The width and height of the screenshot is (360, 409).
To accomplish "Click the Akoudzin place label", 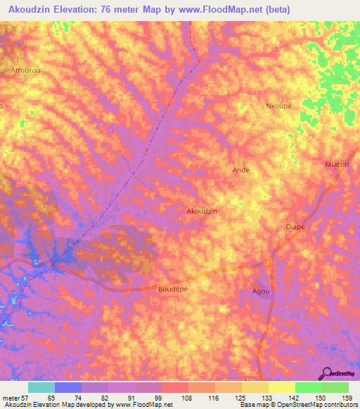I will (201, 211).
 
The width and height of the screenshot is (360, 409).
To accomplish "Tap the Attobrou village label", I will (26, 71).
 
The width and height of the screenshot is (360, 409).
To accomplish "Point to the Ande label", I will (241, 170).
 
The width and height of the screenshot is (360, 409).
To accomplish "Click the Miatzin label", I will (338, 164).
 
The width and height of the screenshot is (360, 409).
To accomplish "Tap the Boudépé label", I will (174, 288).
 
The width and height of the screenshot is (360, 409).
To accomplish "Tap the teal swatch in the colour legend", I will (41, 387).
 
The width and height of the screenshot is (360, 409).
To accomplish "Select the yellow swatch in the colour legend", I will (282, 387).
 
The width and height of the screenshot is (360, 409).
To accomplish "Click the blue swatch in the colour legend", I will (68, 387).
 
